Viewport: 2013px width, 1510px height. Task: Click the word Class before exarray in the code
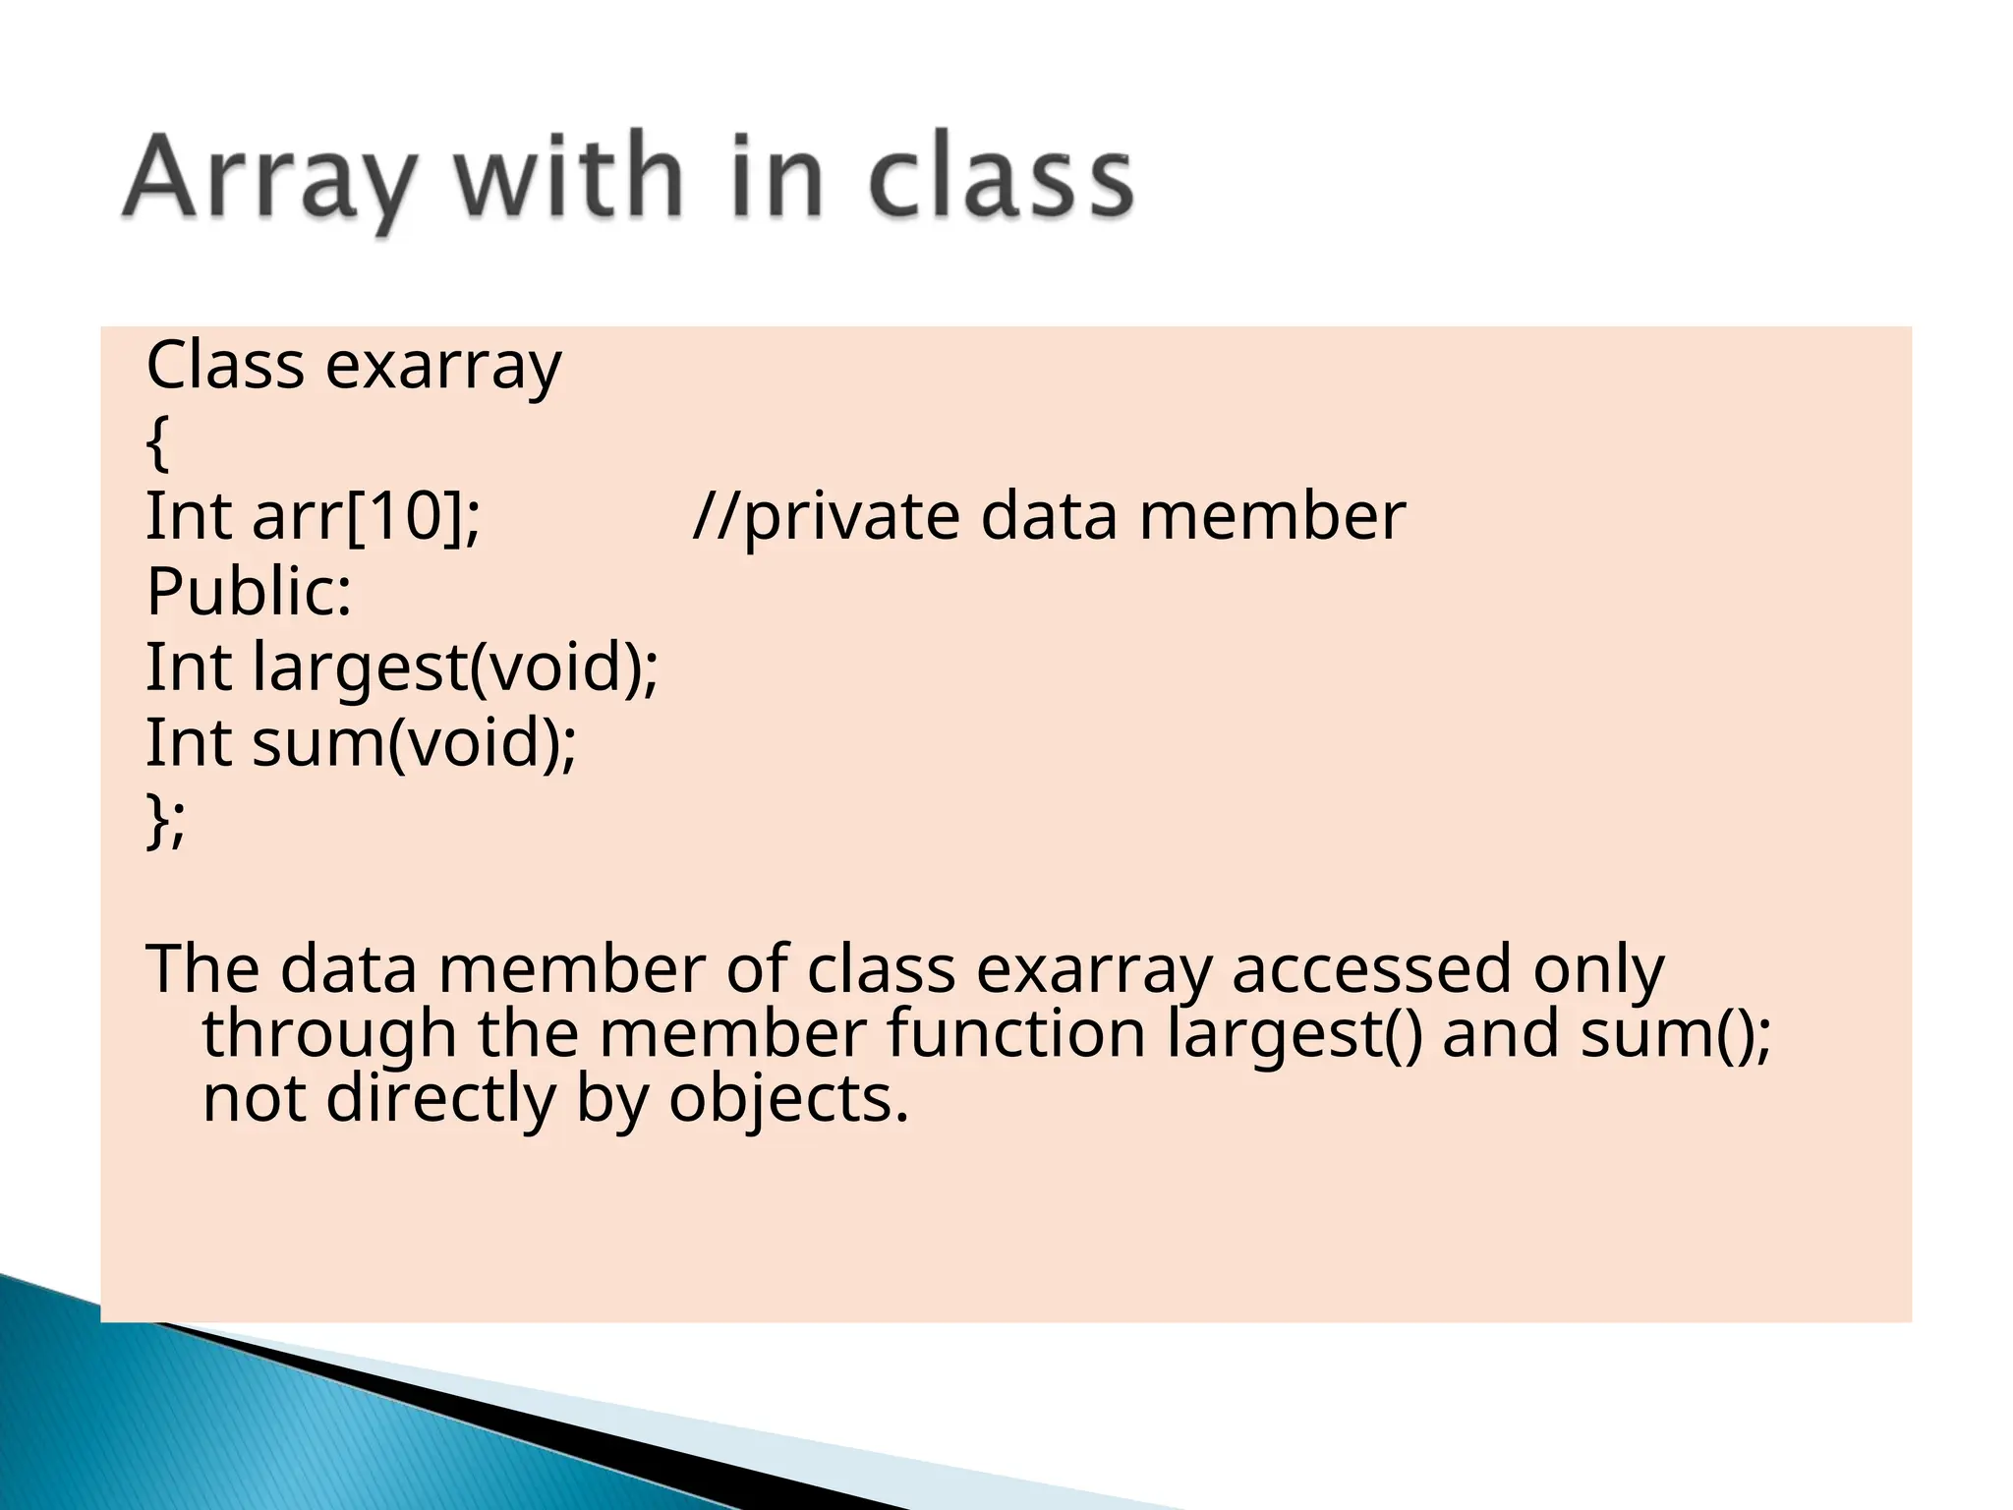225,366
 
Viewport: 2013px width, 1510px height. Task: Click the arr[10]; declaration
367,517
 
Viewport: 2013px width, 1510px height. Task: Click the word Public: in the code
249,592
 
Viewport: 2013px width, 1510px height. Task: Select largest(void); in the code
455,668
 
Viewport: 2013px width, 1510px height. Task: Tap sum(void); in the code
414,743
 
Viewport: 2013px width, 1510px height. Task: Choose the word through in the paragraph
329,1034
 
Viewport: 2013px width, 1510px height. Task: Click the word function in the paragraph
1016,1034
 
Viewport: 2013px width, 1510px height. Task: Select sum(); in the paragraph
1676,1034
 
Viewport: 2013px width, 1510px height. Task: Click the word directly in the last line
440,1098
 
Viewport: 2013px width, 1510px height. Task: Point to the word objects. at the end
788,1098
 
